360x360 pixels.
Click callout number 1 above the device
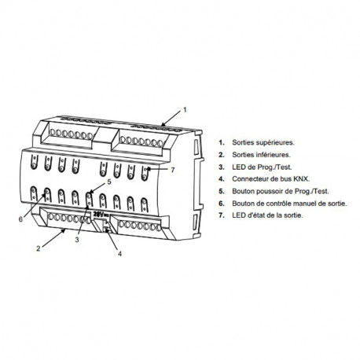click(x=185, y=110)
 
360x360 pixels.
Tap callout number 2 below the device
click(x=39, y=248)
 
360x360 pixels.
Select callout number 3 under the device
click(x=77, y=240)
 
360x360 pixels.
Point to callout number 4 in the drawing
click(x=119, y=254)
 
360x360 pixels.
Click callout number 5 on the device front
click(x=109, y=182)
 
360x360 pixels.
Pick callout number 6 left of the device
click(x=20, y=219)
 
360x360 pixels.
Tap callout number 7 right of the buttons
click(x=172, y=170)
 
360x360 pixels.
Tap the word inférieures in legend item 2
click(x=273, y=155)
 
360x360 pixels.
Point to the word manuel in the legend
click(x=304, y=204)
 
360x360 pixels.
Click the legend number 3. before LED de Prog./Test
click(x=222, y=167)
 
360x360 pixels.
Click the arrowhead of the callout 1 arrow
click(x=163, y=124)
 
